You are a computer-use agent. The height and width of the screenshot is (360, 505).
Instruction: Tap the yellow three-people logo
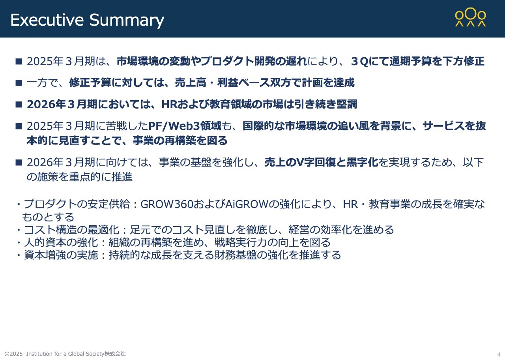[470, 18]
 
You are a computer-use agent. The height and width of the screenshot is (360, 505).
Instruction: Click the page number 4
[499, 354]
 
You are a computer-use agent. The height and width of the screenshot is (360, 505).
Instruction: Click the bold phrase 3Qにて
[368, 62]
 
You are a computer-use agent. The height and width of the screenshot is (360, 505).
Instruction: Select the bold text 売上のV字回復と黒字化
[322, 162]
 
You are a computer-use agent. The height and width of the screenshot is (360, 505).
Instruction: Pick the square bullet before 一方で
[18, 82]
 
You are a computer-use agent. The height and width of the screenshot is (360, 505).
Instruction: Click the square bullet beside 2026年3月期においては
[18, 104]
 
